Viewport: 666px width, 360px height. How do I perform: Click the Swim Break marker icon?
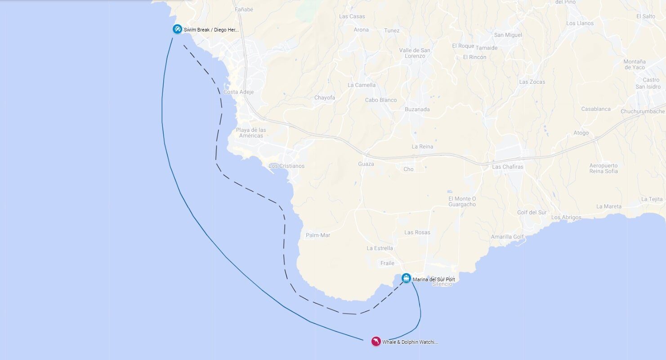click(x=177, y=29)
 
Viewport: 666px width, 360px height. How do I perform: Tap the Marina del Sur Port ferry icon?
click(x=406, y=278)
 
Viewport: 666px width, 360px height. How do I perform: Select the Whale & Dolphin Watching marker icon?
click(x=376, y=342)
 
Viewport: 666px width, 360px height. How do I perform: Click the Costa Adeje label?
click(x=238, y=92)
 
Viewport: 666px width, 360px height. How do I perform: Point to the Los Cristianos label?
click(x=286, y=166)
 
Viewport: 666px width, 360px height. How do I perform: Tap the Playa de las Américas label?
click(x=251, y=133)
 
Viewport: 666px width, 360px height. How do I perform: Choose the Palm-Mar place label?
click(x=318, y=235)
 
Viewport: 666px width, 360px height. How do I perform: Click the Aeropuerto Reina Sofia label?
click(x=603, y=168)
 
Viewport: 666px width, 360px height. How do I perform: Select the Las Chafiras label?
click(x=508, y=167)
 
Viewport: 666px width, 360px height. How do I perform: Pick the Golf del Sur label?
click(x=532, y=212)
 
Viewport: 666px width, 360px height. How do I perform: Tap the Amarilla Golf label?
click(x=507, y=237)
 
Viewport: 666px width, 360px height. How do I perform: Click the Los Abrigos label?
click(x=566, y=217)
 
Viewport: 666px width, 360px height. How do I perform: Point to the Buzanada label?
click(x=417, y=109)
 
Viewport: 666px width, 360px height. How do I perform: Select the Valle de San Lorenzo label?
click(x=415, y=53)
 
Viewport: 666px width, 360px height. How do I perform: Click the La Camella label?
click(x=362, y=85)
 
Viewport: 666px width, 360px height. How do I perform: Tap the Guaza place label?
click(x=366, y=164)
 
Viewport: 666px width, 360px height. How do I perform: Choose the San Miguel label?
click(x=508, y=35)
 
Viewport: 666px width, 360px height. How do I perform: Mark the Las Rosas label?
click(x=417, y=233)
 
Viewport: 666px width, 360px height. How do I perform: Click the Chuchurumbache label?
click(x=643, y=112)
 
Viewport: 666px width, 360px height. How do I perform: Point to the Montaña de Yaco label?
click(x=635, y=64)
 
